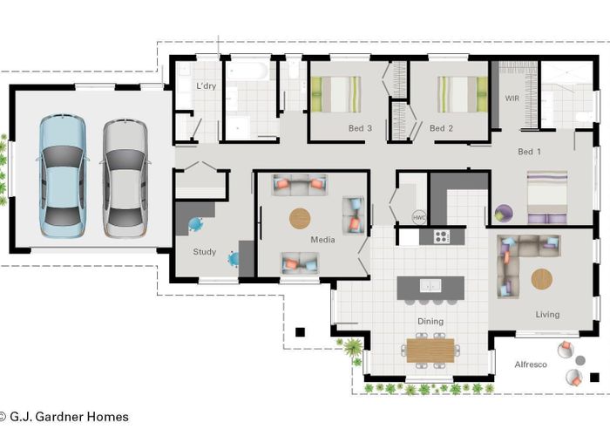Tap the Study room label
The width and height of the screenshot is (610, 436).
click(205, 253)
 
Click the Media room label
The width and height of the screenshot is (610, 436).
click(322, 239)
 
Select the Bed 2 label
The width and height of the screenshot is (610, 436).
click(442, 128)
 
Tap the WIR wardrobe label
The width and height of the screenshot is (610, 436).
click(512, 99)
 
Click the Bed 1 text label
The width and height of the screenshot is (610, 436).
click(530, 152)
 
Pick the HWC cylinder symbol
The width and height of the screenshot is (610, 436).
click(418, 217)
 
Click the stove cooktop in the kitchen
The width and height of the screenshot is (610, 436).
click(442, 235)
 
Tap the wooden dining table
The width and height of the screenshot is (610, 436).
click(430, 349)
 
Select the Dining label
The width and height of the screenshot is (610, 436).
click(430, 321)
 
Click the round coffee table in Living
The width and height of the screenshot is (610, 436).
click(541, 279)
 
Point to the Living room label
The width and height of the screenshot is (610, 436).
click(547, 314)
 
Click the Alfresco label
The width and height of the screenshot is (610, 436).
click(531, 364)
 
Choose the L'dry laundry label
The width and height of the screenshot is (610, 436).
click(206, 85)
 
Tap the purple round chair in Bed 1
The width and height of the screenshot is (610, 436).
click(504, 212)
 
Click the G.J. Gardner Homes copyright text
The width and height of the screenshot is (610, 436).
click(65, 417)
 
